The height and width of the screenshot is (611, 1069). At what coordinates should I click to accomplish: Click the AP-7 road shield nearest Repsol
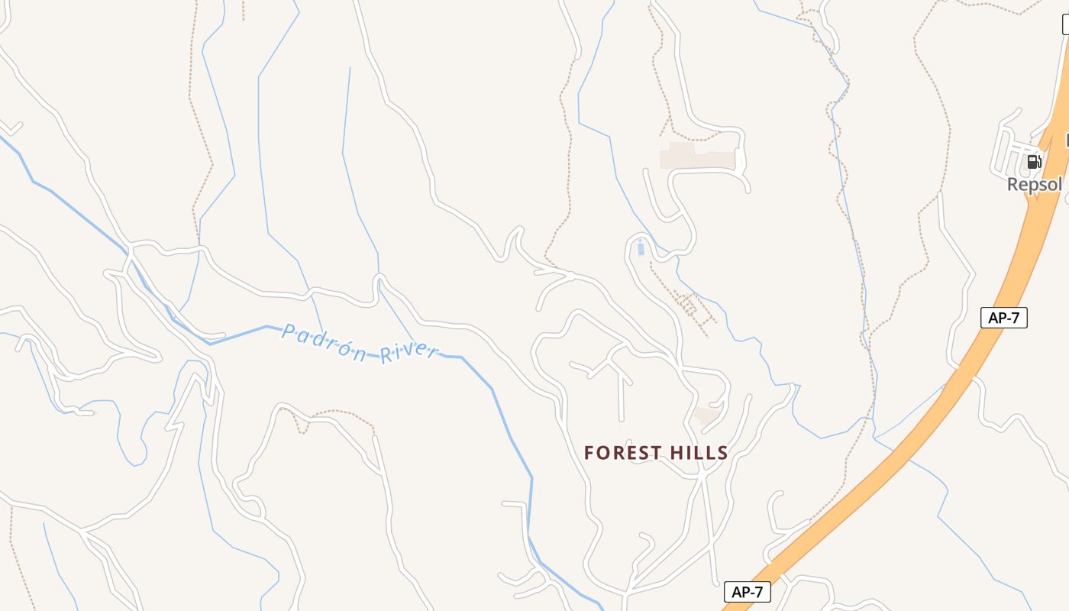[x=1003, y=318]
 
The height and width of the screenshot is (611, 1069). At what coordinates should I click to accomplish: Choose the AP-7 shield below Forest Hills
[x=747, y=592]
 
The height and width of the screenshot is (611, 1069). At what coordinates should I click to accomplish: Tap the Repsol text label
[x=1034, y=185]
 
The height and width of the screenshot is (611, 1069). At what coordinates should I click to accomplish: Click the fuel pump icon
[x=1034, y=161]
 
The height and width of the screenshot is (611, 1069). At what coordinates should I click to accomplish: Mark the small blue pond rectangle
[x=640, y=248]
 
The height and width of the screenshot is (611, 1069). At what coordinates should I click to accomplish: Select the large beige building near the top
[x=696, y=156]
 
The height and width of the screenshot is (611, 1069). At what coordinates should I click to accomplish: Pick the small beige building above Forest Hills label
[x=707, y=416]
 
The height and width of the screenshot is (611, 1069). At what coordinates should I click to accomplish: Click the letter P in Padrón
[x=288, y=331]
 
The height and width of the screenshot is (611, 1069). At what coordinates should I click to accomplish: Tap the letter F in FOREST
[x=589, y=453]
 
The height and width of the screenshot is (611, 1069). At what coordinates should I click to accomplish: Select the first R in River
[x=387, y=352]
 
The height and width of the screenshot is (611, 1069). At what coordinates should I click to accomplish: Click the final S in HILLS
[x=722, y=453]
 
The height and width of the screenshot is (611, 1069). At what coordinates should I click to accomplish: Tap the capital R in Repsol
[x=1013, y=185]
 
